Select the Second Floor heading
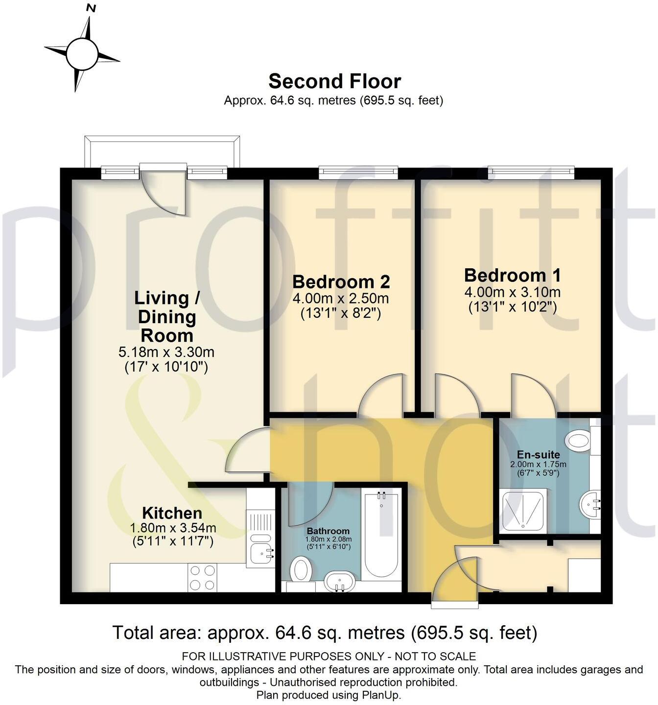(334, 81)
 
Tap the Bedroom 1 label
(512, 275)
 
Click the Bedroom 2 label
(341, 282)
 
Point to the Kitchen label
(172, 513)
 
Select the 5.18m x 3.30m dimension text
(166, 352)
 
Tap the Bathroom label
(328, 531)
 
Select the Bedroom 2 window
(358, 171)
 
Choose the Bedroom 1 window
(531, 171)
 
